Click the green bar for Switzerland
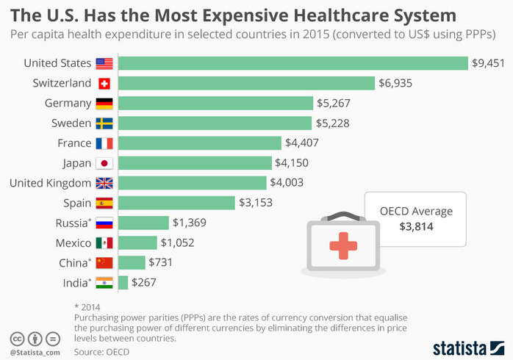(x=246, y=83)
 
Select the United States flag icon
(x=104, y=63)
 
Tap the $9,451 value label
(x=488, y=63)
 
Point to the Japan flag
(x=104, y=163)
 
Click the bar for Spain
(x=176, y=203)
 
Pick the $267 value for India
(x=144, y=282)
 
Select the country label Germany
(x=68, y=103)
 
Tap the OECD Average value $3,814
(x=416, y=227)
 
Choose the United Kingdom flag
(x=104, y=183)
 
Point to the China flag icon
(x=104, y=262)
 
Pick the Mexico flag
(x=104, y=242)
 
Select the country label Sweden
(x=71, y=123)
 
